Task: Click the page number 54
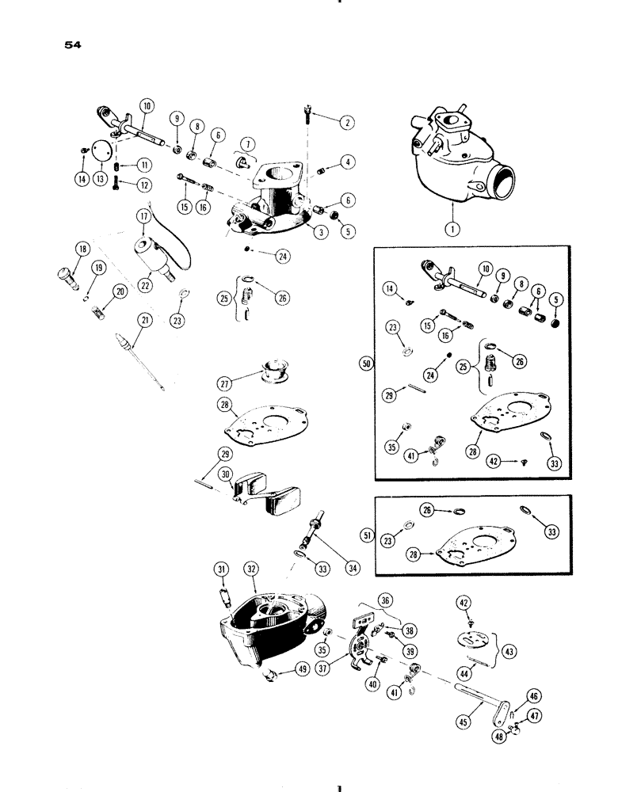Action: click(74, 44)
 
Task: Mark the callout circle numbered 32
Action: click(251, 568)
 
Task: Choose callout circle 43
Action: click(510, 651)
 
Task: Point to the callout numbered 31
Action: click(221, 568)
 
